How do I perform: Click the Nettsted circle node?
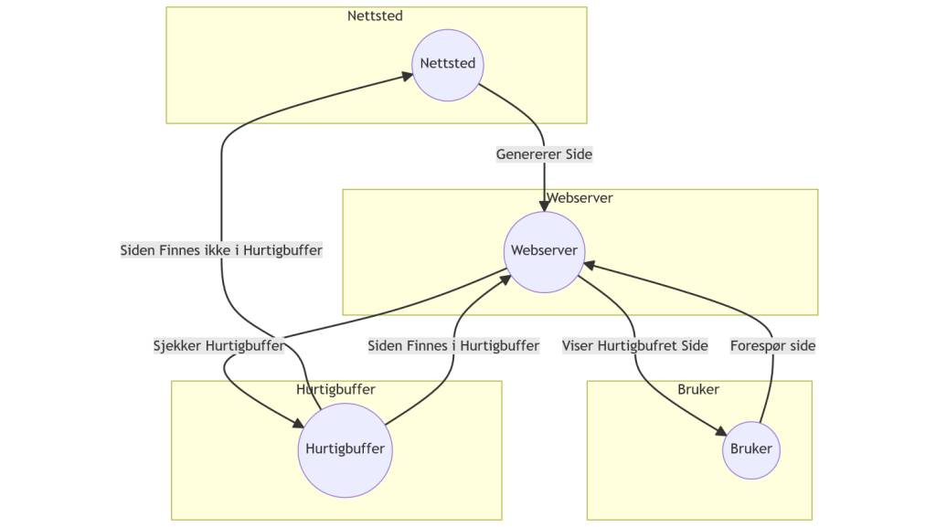pos(448,64)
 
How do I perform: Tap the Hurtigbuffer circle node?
pos(345,449)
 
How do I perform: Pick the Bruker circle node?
pos(751,449)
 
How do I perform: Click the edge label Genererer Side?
pos(544,154)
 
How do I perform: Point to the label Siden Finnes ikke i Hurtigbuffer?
pos(221,249)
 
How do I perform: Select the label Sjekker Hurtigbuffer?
pos(218,346)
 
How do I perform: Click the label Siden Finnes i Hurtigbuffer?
pos(453,346)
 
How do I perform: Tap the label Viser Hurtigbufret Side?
pos(635,346)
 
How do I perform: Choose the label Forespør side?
pos(772,346)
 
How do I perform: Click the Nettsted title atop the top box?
pos(375,16)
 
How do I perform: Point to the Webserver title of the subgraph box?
pos(580,198)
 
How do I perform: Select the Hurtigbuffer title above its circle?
pos(335,390)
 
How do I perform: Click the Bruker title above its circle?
pos(698,390)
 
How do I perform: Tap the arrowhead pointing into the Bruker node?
pos(719,433)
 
